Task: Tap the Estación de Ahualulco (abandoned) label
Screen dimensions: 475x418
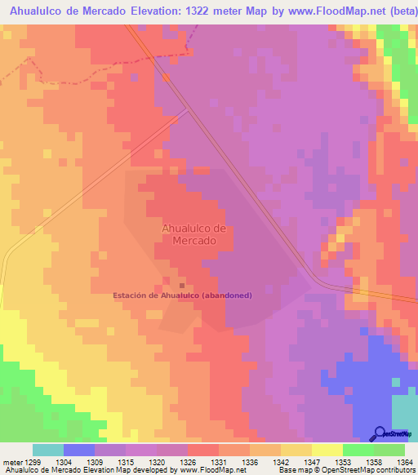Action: [x=182, y=295]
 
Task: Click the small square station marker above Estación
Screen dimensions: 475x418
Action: [x=181, y=285]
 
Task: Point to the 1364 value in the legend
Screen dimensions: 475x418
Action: [x=404, y=461]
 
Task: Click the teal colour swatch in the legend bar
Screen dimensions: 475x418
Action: [x=48, y=450]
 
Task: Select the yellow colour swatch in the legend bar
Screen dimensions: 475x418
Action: [x=327, y=450]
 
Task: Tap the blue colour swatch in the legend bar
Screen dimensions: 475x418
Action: [x=79, y=450]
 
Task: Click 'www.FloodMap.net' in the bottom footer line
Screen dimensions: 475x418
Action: [x=211, y=470]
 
